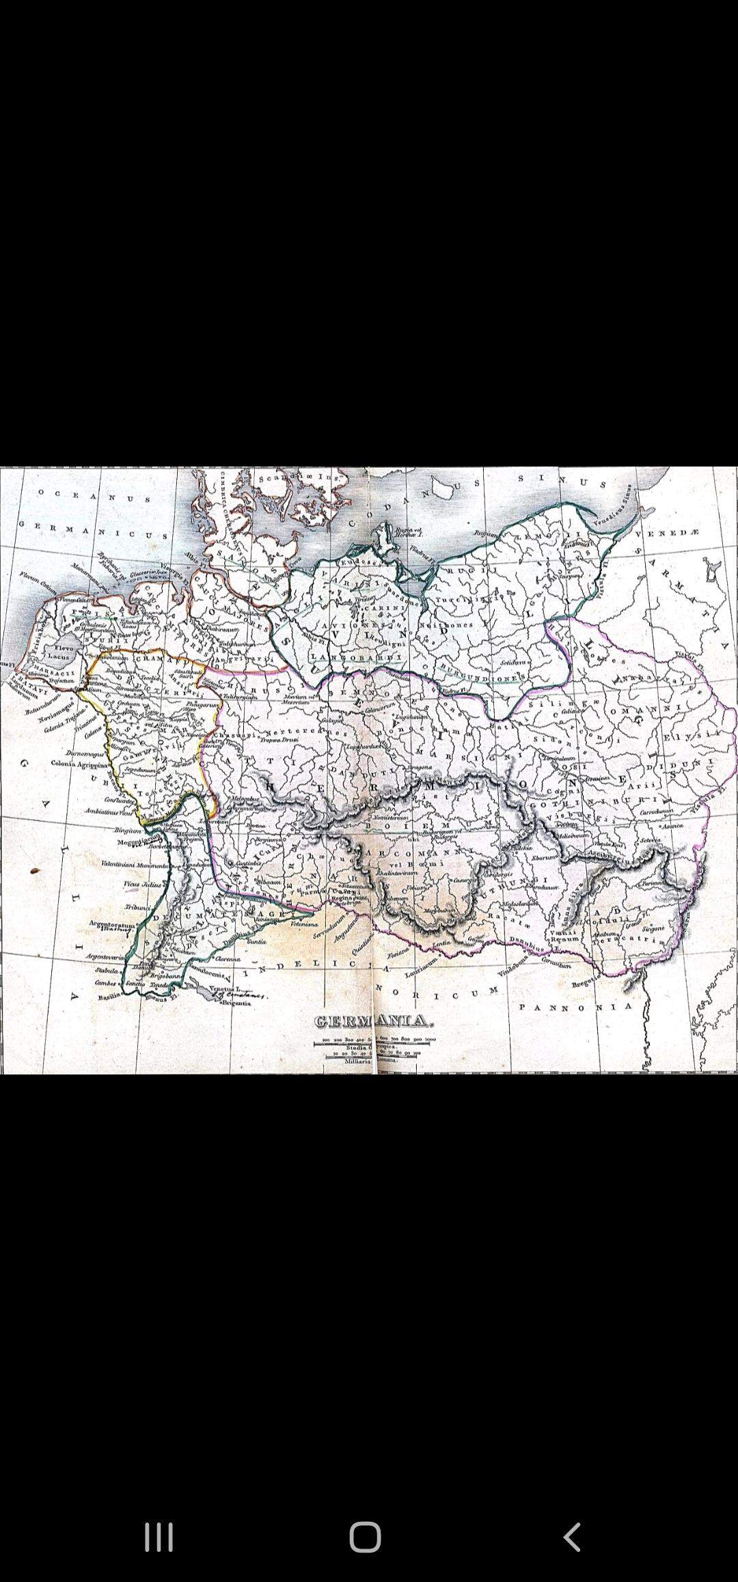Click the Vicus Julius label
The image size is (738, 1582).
[x=142, y=884]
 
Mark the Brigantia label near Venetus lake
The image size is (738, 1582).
[x=235, y=1003]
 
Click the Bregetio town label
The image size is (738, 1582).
[x=585, y=983]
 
